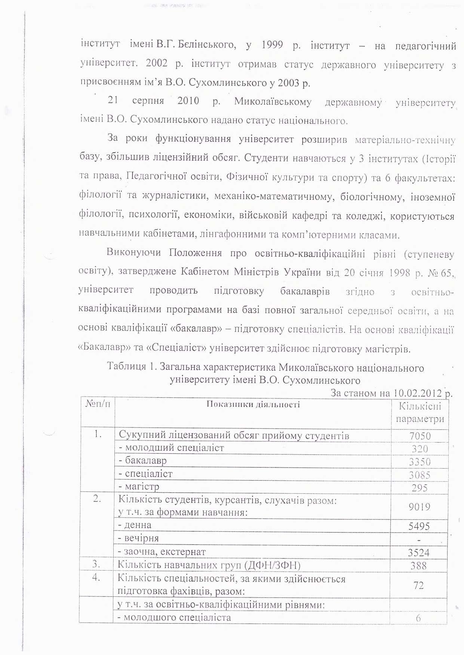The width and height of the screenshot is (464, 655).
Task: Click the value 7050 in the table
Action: pyautogui.click(x=420, y=436)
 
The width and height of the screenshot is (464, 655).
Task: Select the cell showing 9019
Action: pyautogui.click(x=419, y=507)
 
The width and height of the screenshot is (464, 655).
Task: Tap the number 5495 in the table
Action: pyautogui.click(x=419, y=526)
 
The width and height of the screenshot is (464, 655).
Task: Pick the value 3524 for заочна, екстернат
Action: pyautogui.click(x=418, y=552)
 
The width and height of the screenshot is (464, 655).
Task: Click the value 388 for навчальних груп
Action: pyautogui.click(x=418, y=565)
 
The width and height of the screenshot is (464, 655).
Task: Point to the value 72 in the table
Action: pyautogui.click(x=418, y=585)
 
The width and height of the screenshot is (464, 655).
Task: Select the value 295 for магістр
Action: pyautogui.click(x=420, y=488)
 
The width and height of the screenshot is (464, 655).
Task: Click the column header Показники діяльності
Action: pyautogui.click(x=253, y=404)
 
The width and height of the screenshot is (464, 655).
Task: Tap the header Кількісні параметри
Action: pyautogui.click(x=420, y=412)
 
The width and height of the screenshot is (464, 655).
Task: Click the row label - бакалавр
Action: pyautogui.click(x=142, y=460)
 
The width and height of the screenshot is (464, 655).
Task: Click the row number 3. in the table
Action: pyautogui.click(x=96, y=564)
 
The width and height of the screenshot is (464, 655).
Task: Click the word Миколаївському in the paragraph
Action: pyautogui.click(x=273, y=102)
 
